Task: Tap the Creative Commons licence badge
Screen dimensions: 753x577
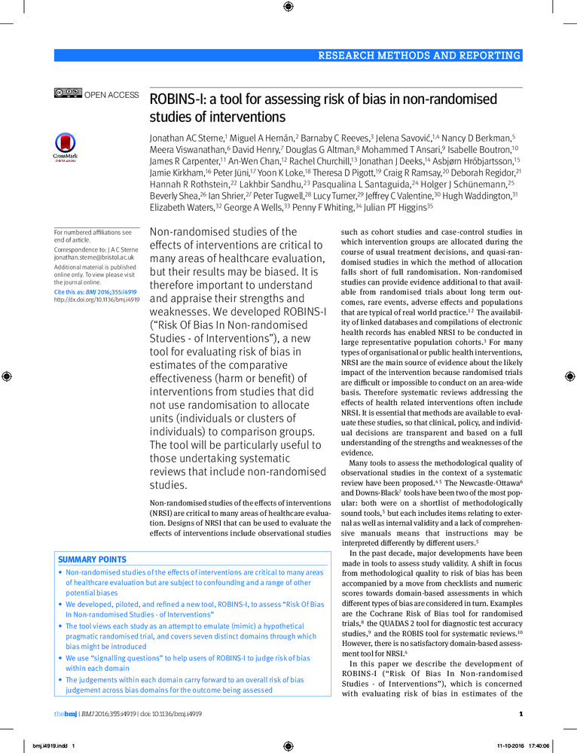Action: [x=67, y=94]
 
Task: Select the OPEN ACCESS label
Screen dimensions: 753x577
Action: [x=111, y=95]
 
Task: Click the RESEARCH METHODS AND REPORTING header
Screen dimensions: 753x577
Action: [x=419, y=55]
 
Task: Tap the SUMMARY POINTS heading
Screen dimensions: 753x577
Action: [x=93, y=559]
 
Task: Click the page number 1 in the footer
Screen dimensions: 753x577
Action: [x=521, y=715]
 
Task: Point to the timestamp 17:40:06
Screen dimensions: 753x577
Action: [x=540, y=746]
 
